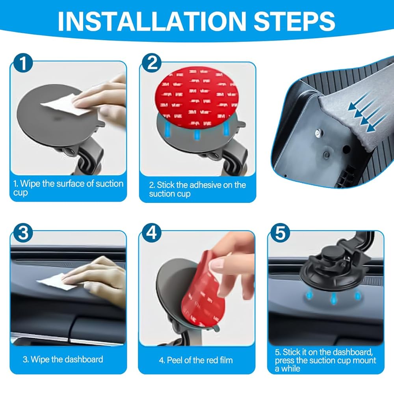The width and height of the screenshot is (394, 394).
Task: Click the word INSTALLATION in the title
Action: [152, 21]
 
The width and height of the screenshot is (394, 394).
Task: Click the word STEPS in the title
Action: [294, 21]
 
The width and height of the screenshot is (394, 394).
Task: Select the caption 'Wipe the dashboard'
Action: [63, 359]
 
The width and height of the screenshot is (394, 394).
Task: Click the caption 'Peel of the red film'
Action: [196, 361]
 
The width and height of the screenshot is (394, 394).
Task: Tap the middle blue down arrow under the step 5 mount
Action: [333, 298]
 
